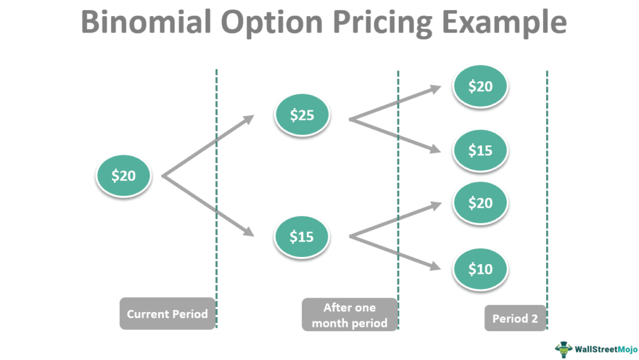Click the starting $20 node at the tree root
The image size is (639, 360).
[x=124, y=175]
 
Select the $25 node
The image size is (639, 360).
[x=302, y=115]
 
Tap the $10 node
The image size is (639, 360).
[x=480, y=269]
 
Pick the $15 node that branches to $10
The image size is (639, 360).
[x=301, y=236]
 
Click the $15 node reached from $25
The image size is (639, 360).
[x=480, y=150]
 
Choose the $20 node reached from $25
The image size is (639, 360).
[x=480, y=86]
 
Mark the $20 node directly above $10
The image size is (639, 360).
[x=480, y=203]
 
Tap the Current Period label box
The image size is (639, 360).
[x=167, y=314]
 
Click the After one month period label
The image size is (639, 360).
[x=349, y=315]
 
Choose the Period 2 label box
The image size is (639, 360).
[x=515, y=318]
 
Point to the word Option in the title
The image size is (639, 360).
[x=272, y=23]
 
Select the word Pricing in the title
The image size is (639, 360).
[x=383, y=23]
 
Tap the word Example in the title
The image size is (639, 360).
[x=504, y=23]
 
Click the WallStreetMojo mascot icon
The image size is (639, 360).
[x=563, y=349]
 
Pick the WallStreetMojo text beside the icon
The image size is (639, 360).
[x=606, y=349]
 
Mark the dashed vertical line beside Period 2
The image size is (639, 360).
[x=547, y=200]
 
